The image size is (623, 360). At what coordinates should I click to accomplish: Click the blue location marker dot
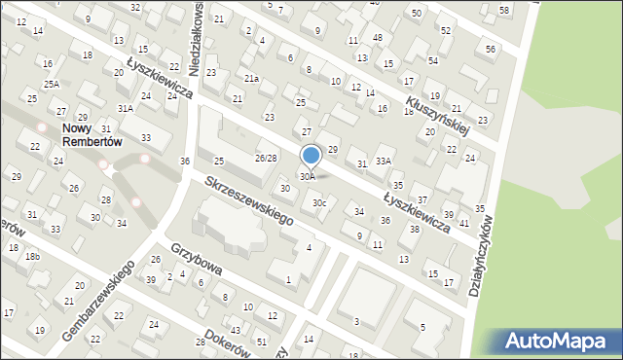311,155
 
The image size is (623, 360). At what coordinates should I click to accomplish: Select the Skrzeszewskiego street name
249,201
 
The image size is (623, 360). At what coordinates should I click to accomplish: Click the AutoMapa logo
554,342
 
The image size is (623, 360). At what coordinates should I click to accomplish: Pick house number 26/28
266,158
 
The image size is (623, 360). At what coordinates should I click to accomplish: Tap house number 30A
307,177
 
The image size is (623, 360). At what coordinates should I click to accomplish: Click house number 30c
318,202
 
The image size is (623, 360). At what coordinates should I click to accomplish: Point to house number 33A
385,161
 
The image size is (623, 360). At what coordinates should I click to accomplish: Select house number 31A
126,108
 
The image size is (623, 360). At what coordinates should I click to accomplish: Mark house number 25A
51,85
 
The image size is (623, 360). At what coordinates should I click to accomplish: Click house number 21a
251,78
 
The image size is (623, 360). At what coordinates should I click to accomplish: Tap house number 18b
32,256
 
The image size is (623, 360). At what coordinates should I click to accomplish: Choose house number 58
503,10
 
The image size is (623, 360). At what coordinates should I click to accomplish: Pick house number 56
490,49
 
